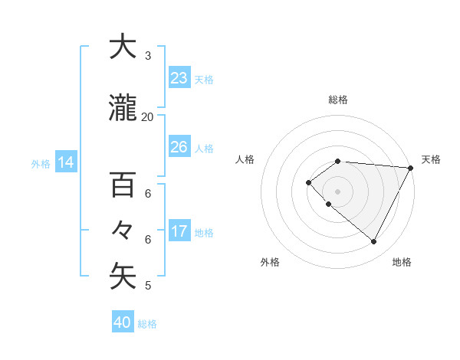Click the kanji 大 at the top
[123, 47]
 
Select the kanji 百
[123, 185]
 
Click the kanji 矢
[123, 277]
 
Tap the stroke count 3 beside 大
[148, 56]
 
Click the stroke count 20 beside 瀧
[148, 117]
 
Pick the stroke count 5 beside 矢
[148, 286]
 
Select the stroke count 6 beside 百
[148, 194]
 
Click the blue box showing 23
[179, 78]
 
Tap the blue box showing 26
[179, 147]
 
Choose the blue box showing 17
[179, 231]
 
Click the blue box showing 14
[66, 162]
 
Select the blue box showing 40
[123, 322]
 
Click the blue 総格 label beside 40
[147, 324]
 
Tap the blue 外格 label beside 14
[41, 163]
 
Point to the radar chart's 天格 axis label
[431, 159]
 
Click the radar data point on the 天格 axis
[410, 168]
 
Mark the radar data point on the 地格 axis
[374, 241]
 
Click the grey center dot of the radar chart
[337, 191]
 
